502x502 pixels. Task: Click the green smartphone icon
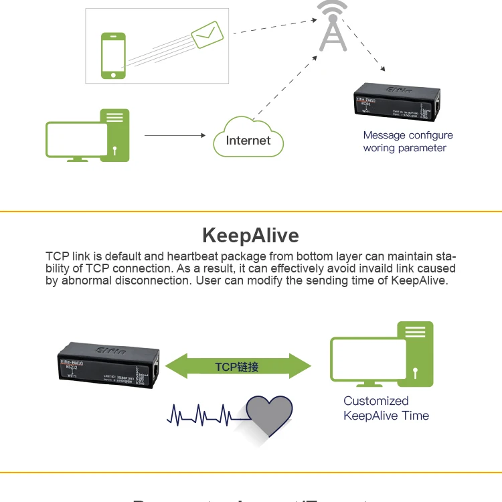pyautogui.click(x=113, y=55)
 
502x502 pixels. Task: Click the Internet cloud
pyautogui.click(x=248, y=139)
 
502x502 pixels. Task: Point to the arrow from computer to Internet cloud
pyautogui.click(x=175, y=135)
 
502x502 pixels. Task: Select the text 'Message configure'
pyautogui.click(x=408, y=135)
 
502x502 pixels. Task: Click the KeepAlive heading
pyautogui.click(x=250, y=236)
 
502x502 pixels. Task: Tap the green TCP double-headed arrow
pyautogui.click(x=238, y=366)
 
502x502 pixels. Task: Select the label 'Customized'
pyautogui.click(x=375, y=401)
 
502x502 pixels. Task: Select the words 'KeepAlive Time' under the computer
pyautogui.click(x=386, y=416)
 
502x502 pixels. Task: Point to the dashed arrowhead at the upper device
pyautogui.click(x=382, y=68)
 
